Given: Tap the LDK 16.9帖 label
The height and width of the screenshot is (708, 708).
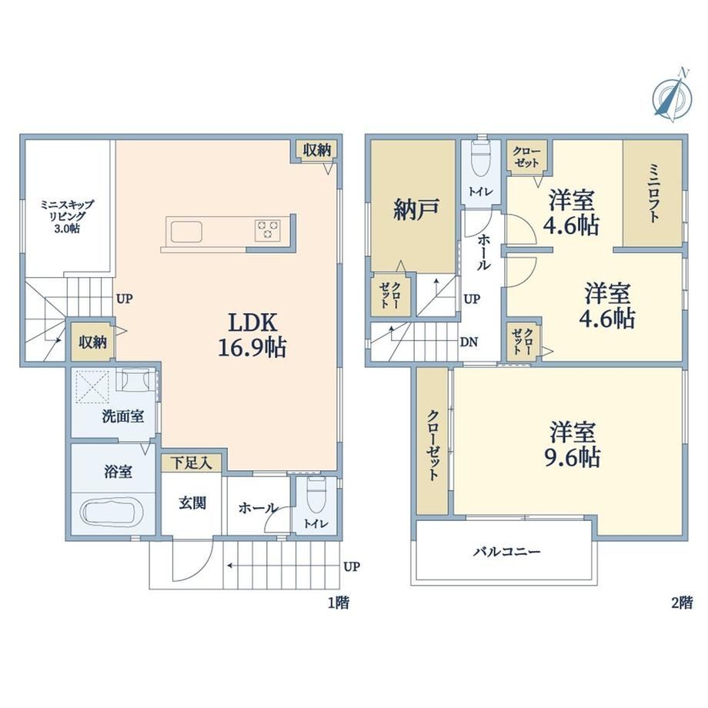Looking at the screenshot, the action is point(252,335).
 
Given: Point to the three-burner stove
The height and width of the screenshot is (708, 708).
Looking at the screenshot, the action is point(268,230).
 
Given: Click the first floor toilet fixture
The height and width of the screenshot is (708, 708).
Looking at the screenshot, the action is point(316,492).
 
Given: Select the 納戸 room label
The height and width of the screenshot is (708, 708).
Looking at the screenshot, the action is point(416,209).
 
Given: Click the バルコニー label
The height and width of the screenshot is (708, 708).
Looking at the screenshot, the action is point(506,551).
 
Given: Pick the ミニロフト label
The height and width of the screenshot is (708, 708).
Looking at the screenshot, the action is point(654,193).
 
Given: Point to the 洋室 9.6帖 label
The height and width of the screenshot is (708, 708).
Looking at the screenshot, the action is point(573,444).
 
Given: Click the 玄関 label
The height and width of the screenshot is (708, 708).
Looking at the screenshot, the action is point(192,503).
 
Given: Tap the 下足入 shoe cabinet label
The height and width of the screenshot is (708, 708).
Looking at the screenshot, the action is point(192,463).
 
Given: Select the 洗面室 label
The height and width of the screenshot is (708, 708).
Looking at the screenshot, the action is point(123,416).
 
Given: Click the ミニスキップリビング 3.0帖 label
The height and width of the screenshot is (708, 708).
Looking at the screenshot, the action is point(67,216).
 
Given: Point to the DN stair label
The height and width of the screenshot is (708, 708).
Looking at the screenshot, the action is point(469,342).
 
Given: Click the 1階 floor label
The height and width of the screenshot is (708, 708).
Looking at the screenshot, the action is point(338,603).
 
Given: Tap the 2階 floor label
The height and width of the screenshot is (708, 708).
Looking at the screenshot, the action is point(682,603).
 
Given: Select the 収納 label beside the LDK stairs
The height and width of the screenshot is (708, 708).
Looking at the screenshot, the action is point(93,342).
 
